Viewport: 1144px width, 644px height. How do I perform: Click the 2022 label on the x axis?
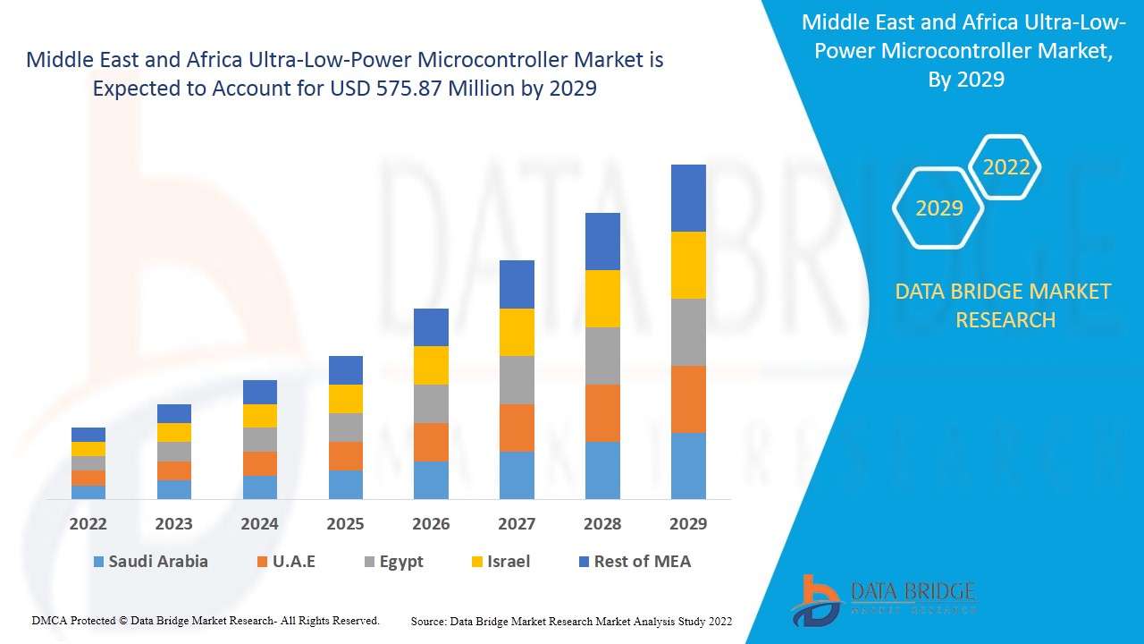pyautogui.click(x=88, y=523)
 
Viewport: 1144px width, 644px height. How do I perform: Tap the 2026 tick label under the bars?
pyautogui.click(x=431, y=523)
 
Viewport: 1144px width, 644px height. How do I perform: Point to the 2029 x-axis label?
pyautogui.click(x=688, y=523)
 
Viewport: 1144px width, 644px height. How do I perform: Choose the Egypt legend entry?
pyautogui.click(x=393, y=562)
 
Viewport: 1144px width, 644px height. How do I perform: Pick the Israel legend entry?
pyautogui.click(x=500, y=562)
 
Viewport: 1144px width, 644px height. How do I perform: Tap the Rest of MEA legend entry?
pyautogui.click(x=635, y=562)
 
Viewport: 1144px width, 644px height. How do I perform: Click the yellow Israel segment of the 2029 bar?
pyautogui.click(x=688, y=265)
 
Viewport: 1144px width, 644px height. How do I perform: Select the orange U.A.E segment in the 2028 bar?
pyautogui.click(x=602, y=413)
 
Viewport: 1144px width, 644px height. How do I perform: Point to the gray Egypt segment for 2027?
pyautogui.click(x=517, y=380)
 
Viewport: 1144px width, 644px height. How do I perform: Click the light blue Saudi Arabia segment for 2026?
pyautogui.click(x=431, y=480)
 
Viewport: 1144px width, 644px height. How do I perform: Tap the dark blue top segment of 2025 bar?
pyautogui.click(x=346, y=370)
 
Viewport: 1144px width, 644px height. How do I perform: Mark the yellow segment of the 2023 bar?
pyautogui.click(x=174, y=432)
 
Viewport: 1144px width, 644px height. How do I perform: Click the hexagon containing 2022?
pyautogui.click(x=1006, y=167)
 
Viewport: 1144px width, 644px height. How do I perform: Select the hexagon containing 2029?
pyautogui.click(x=938, y=208)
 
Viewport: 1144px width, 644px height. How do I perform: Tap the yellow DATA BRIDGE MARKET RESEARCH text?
pyautogui.click(x=1005, y=305)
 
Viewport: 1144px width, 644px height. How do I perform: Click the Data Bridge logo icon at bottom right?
pyautogui.click(x=815, y=599)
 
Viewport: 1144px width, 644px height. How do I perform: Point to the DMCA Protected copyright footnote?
pyautogui.click(x=206, y=620)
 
